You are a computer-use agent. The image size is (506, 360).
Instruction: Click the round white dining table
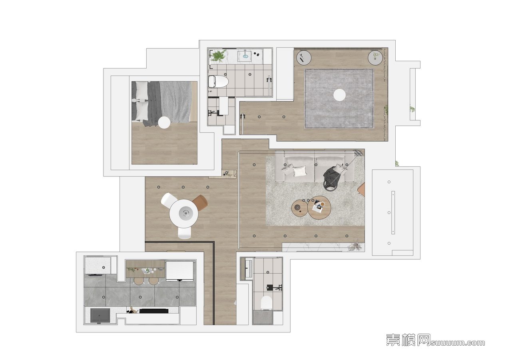[183, 213]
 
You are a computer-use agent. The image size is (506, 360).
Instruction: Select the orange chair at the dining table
[200, 203]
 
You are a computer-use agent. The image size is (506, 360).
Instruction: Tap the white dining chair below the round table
[184, 233]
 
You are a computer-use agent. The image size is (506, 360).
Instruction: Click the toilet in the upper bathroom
[218, 82]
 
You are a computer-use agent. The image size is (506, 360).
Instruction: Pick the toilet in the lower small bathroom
[266, 303]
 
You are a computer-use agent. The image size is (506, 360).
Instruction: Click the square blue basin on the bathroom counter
[245, 55]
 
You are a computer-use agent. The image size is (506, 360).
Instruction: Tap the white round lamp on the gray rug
[339, 95]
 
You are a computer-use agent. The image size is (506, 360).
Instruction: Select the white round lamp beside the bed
[164, 123]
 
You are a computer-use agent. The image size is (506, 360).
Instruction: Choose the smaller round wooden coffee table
[299, 207]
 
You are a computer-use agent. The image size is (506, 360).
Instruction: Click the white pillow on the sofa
[300, 171]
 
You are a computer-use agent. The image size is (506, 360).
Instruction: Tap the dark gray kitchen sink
[100, 316]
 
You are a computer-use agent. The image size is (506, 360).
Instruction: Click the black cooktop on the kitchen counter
[154, 311]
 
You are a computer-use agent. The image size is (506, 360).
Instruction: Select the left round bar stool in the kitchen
[139, 281]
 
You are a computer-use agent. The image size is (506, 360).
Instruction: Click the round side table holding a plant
[375, 58]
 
